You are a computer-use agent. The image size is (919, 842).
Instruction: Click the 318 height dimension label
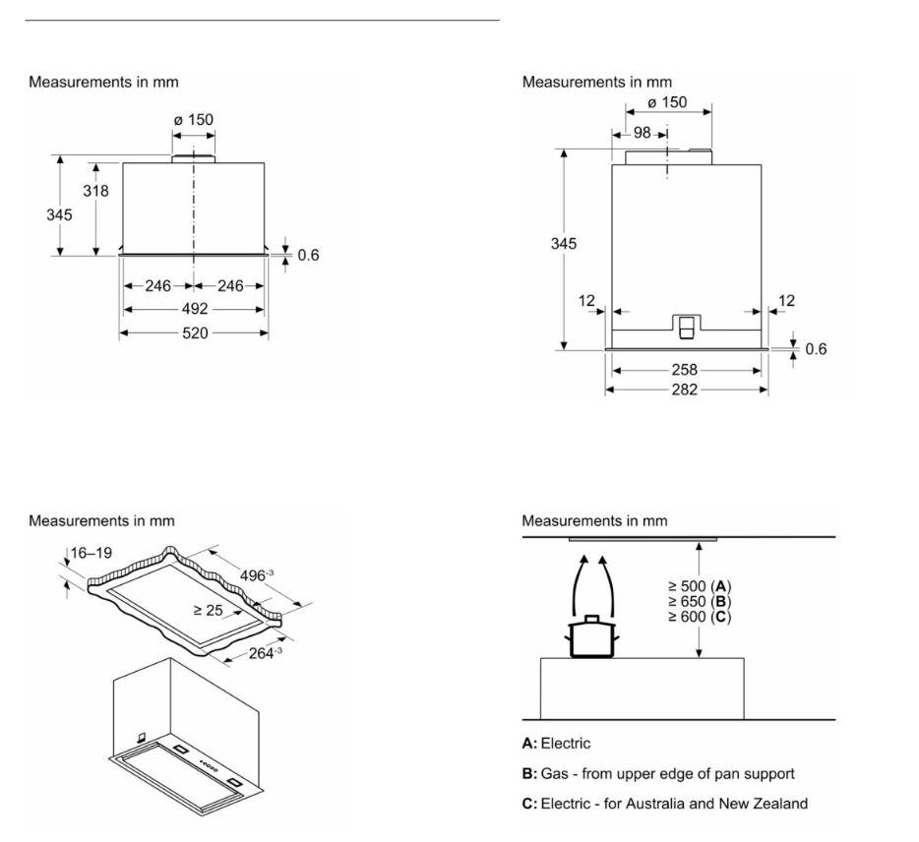[x=95, y=191]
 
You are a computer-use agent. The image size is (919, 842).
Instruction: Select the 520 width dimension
[x=194, y=333]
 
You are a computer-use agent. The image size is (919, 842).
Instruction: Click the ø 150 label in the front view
[x=193, y=121]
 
